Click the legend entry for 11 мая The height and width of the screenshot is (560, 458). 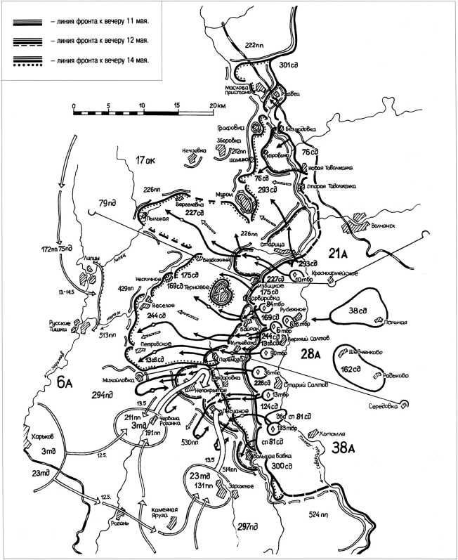point(98,22)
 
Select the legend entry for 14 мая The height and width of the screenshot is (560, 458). point(98,60)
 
